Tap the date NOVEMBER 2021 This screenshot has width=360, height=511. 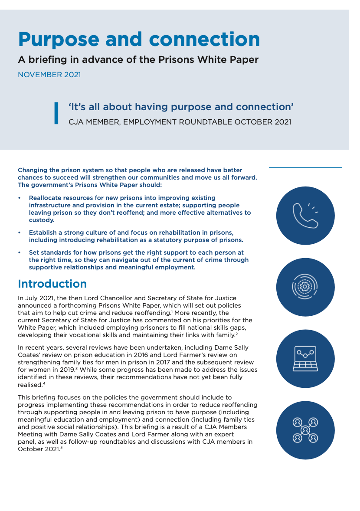(x=49, y=75)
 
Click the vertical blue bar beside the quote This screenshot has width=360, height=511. (x=56, y=113)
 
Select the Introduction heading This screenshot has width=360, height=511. (x=52, y=284)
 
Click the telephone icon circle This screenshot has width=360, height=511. (x=305, y=216)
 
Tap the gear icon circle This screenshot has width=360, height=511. (x=305, y=287)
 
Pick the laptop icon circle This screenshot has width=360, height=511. (x=305, y=359)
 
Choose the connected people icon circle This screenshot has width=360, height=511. (x=305, y=430)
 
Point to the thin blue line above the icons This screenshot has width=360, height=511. (x=305, y=167)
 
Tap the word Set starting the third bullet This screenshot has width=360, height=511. (x=34, y=252)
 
